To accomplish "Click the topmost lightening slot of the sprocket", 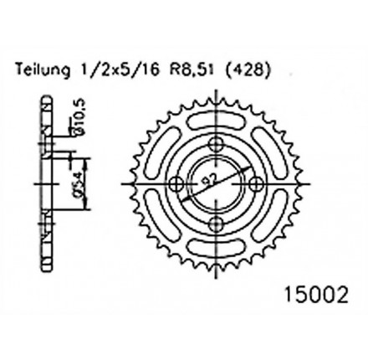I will [222, 113].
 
